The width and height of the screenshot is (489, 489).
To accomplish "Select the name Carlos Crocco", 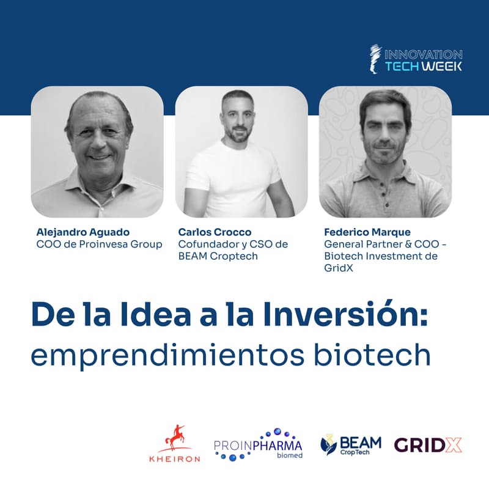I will [x=215, y=232].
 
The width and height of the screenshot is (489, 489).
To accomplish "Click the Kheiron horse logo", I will [x=175, y=438].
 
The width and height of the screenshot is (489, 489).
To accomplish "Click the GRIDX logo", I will [x=428, y=444].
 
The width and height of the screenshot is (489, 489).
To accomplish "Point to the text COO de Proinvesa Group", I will [x=99, y=244].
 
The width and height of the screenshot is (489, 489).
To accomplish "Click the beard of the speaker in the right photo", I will [x=385, y=153].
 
